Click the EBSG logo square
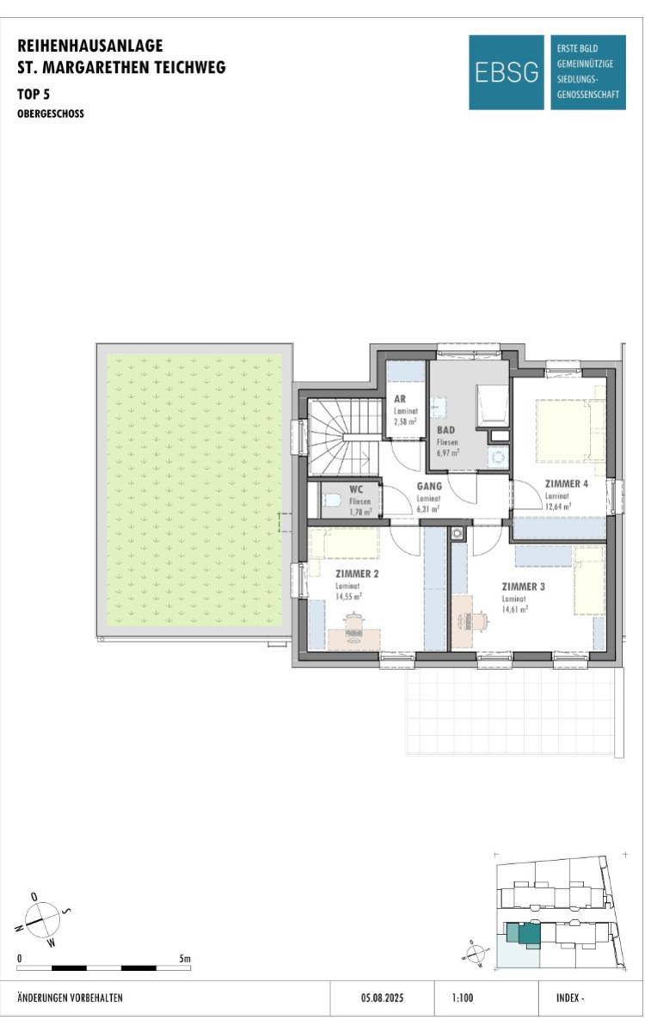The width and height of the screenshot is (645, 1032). coord(507,72)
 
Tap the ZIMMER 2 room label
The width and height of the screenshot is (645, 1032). coord(341,573)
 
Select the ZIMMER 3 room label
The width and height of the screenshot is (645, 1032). coord(524,587)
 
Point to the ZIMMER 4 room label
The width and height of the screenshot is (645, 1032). coord(567,483)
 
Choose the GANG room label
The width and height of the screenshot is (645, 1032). coord(429,486)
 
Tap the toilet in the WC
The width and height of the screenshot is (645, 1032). coord(331,500)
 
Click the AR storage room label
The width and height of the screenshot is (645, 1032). coord(400,400)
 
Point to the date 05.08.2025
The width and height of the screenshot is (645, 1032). coord(382,998)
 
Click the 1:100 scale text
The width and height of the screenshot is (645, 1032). coord(462,998)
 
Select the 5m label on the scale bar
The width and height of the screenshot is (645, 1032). coord(185,958)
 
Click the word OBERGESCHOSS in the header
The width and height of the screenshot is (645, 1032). coord(51,113)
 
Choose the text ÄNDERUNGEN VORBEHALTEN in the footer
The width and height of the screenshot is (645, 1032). coord(71,998)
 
